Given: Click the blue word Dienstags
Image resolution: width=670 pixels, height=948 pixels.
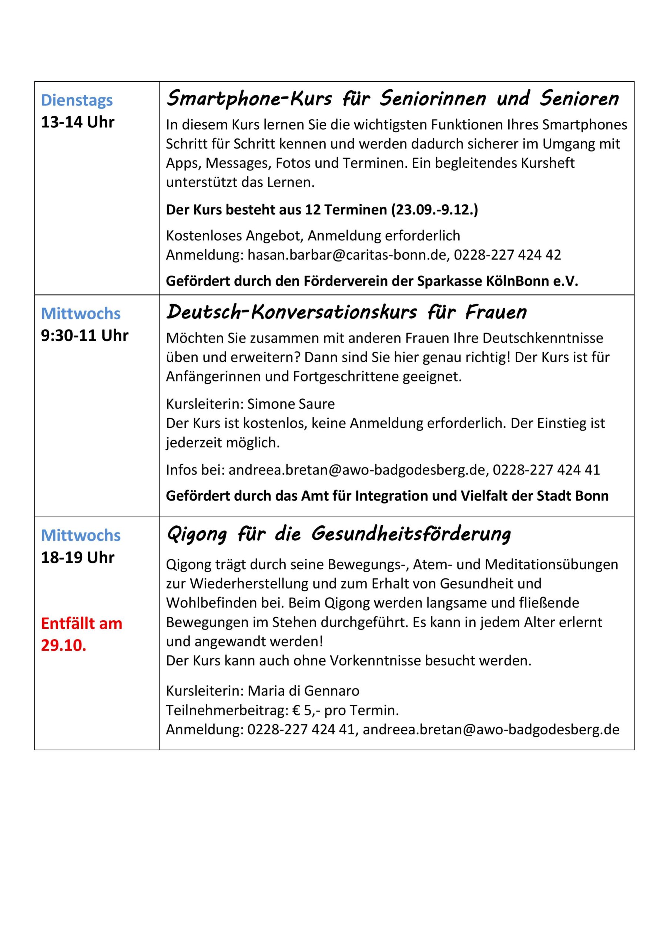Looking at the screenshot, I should coord(77,100).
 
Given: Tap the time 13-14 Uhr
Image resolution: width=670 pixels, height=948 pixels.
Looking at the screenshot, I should coord(77,122).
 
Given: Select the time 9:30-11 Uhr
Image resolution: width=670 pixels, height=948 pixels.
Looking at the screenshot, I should coord(85,336).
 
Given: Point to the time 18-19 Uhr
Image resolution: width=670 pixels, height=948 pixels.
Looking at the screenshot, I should coord(77,558).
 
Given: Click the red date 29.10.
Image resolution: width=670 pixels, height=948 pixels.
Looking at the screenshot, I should coord(64,645).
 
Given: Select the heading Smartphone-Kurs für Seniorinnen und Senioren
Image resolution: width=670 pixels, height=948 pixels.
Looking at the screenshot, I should coord(393,99).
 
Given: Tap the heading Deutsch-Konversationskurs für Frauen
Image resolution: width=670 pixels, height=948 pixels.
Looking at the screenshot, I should coord(346,313).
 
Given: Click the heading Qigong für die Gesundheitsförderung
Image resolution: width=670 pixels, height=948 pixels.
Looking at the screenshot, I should coord(338,534).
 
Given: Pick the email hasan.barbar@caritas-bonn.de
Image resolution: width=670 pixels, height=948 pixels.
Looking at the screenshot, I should coord(347,255).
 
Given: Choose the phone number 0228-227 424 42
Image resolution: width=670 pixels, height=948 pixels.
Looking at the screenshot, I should coord(507,255).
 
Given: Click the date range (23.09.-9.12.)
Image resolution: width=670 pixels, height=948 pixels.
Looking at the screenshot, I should coord(434,210).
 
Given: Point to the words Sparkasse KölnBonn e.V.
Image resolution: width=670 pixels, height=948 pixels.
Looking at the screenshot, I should coord(498,281).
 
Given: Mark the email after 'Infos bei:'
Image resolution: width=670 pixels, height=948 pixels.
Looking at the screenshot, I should coord(357,470).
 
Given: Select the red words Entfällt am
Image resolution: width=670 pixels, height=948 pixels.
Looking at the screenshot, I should coord(82,624).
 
